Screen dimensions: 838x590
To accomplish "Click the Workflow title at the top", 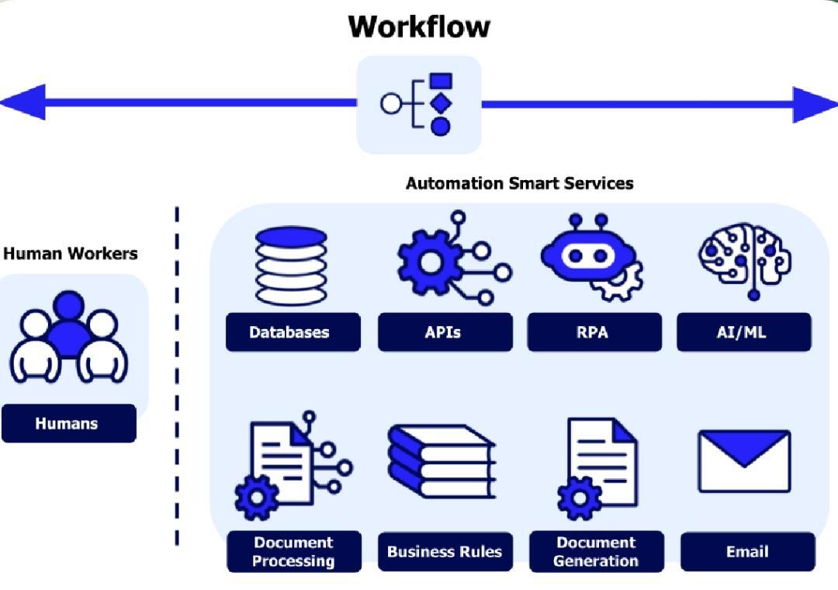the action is pos(419,26).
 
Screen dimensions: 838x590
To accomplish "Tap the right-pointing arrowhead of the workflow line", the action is pos(815,104).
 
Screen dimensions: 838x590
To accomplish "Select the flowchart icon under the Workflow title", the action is pos(417,104).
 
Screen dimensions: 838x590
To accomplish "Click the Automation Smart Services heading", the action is pos(519,183).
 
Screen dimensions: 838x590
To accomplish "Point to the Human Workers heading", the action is pos(71,253).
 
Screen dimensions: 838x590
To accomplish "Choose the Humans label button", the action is pos(69,423).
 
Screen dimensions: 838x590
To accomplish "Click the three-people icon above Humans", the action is pos(69,337).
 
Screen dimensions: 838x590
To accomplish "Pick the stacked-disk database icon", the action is pos(291,265).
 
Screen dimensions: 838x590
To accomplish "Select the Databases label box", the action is pos(293,332).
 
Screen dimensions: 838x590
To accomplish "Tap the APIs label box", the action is pos(445,332).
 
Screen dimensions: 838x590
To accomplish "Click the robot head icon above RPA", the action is pos(591,257).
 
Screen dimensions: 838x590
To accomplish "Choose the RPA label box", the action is pos(594,332).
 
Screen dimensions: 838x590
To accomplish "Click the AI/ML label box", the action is pos(744,332).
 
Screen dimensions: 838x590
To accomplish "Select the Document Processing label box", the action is pos(294,551).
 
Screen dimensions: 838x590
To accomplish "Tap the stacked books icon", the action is pos(442,462).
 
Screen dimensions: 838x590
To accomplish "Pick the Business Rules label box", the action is pos(445,551).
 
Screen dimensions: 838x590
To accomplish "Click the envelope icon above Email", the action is pos(744,461).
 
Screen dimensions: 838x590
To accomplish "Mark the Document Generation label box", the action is pos(597,551).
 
